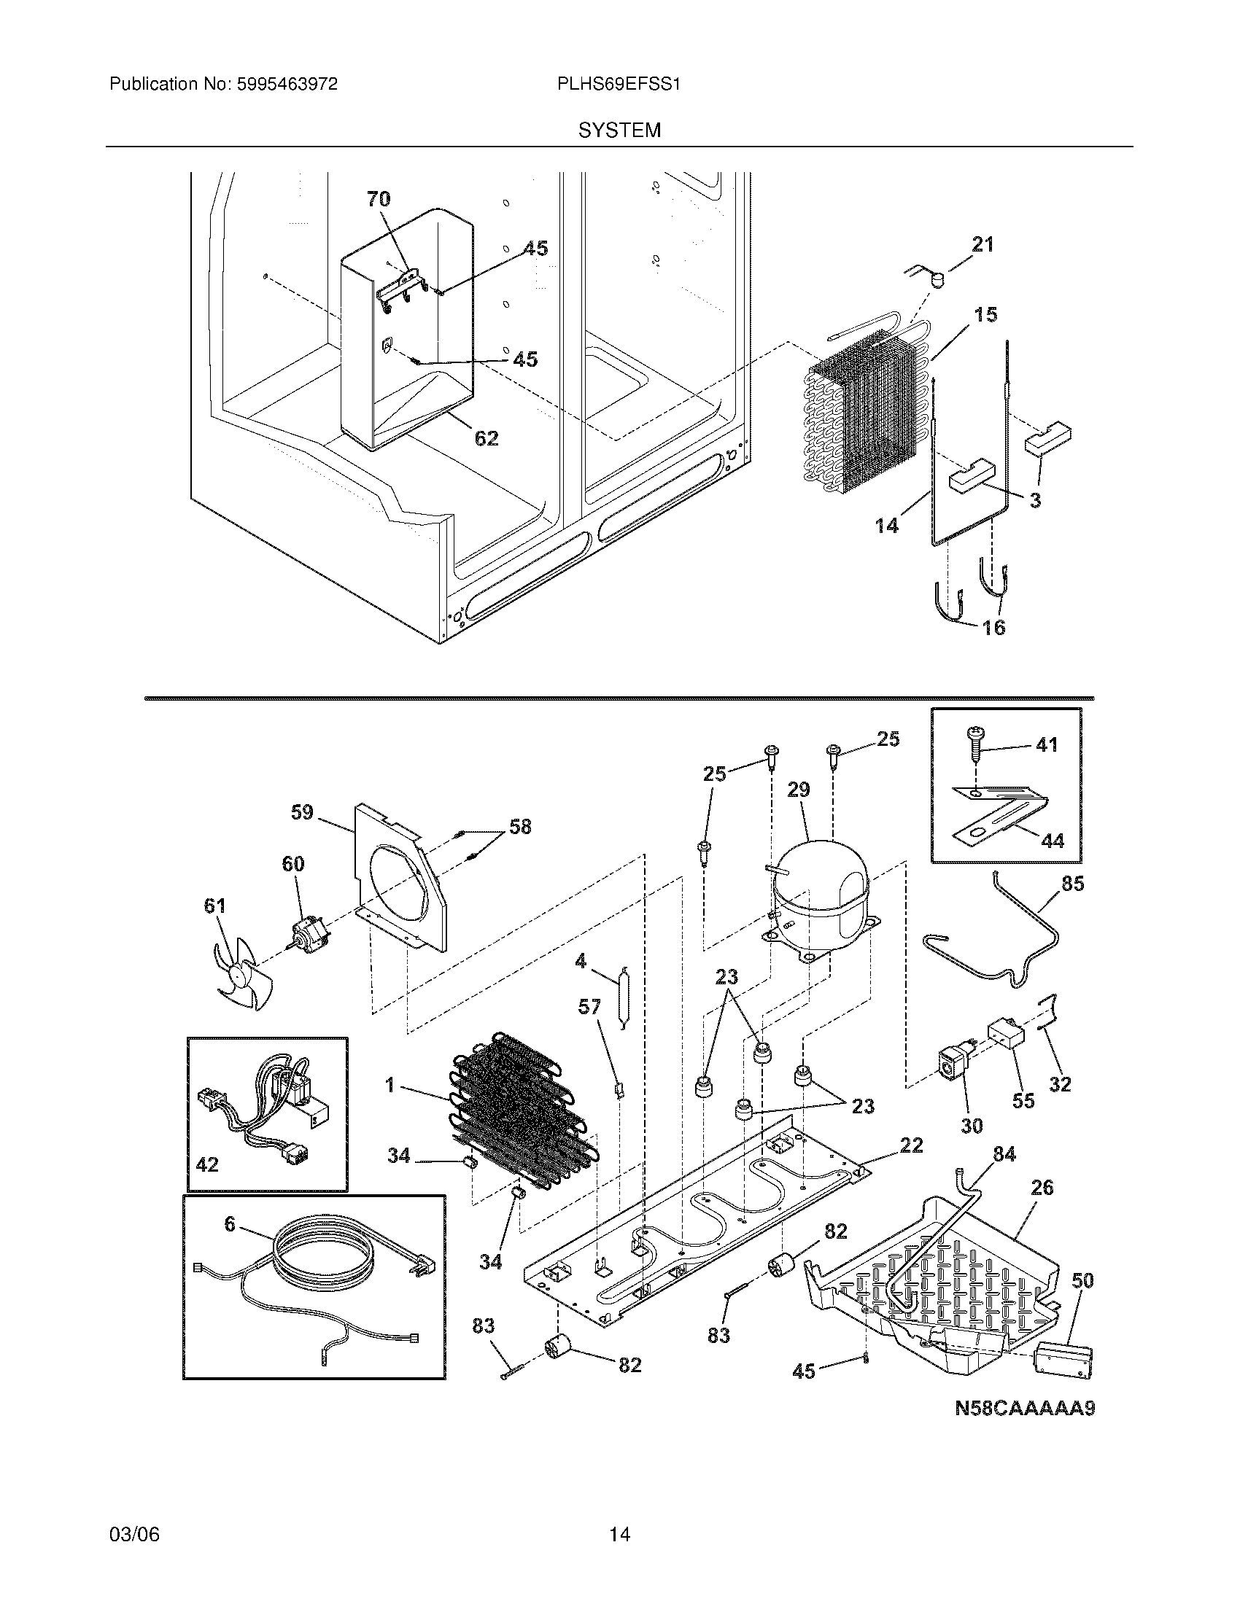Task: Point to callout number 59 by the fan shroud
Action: click(x=302, y=812)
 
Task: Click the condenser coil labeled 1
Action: click(x=523, y=1120)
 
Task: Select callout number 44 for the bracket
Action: click(x=1052, y=841)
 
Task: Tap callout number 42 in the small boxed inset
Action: click(x=208, y=1165)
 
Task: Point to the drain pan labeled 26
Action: click(x=948, y=1293)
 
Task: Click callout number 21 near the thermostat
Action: click(x=983, y=244)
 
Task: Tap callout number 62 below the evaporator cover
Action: click(x=487, y=438)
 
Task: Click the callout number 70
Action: click(x=379, y=199)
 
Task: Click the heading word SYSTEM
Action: click(x=619, y=131)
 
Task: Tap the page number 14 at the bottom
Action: click(x=619, y=1534)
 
